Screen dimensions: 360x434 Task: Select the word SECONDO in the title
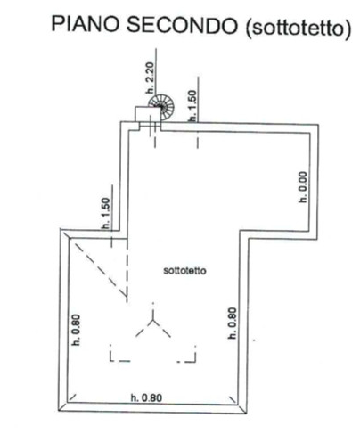182,25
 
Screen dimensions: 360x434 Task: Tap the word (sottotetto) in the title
299,29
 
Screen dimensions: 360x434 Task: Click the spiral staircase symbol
162,107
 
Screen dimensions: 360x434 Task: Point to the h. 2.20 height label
151,78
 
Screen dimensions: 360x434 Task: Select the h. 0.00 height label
303,187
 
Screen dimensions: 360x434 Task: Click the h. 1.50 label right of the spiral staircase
192,106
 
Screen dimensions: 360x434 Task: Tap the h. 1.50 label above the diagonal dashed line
106,214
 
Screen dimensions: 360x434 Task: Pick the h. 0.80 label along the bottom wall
146,397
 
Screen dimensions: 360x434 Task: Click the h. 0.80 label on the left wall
77,330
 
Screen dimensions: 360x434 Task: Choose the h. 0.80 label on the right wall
232,323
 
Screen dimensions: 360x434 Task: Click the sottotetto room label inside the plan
184,271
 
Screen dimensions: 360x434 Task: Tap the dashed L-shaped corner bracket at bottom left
119,354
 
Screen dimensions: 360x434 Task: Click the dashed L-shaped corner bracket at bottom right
187,354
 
